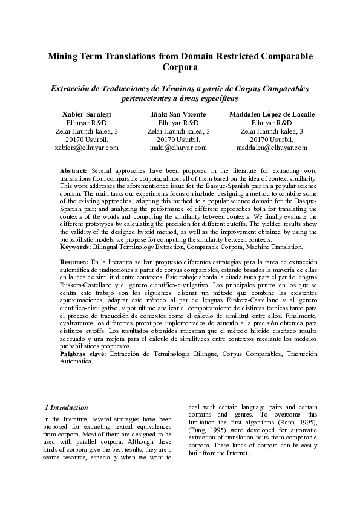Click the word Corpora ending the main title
point(180,68)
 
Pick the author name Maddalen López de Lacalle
point(272,114)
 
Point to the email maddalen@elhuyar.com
point(272,147)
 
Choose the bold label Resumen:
point(77,260)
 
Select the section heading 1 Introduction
point(67,407)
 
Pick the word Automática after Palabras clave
point(77,361)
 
